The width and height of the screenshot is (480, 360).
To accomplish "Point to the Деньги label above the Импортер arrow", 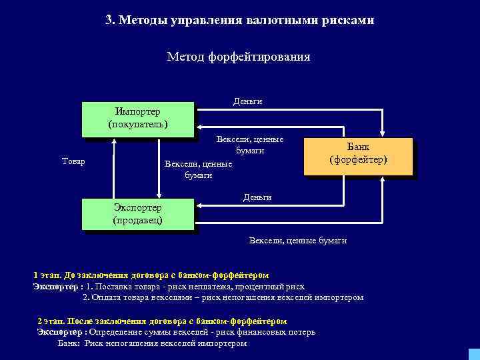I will tap(247, 101).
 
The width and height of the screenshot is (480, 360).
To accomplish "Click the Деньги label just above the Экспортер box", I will tap(257, 197).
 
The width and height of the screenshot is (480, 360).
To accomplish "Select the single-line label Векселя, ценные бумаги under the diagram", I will tap(297, 240).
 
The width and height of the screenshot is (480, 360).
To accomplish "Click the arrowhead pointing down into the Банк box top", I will tap(383, 134).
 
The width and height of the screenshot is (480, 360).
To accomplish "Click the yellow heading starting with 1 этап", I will tap(151, 275).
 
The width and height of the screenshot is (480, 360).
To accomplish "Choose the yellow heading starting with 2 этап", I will tap(153, 321).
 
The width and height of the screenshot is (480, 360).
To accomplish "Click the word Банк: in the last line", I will tap(69, 343).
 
